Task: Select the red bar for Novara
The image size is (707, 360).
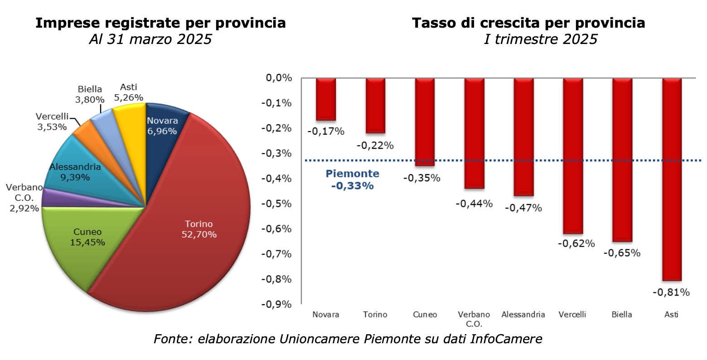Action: coord(326,99)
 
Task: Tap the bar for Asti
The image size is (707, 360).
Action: coord(672,179)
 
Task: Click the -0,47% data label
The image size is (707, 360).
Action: coord(523,208)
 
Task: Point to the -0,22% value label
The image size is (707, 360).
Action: coord(375,146)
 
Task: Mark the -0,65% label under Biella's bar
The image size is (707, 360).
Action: coord(622,253)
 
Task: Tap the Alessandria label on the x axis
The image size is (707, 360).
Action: coord(523,315)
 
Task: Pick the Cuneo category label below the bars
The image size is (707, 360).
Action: coord(425,315)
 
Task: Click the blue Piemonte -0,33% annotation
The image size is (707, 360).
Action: coord(352,180)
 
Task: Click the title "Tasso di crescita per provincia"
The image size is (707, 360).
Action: coord(528,23)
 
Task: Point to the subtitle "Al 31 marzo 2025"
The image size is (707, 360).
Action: coord(150,39)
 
